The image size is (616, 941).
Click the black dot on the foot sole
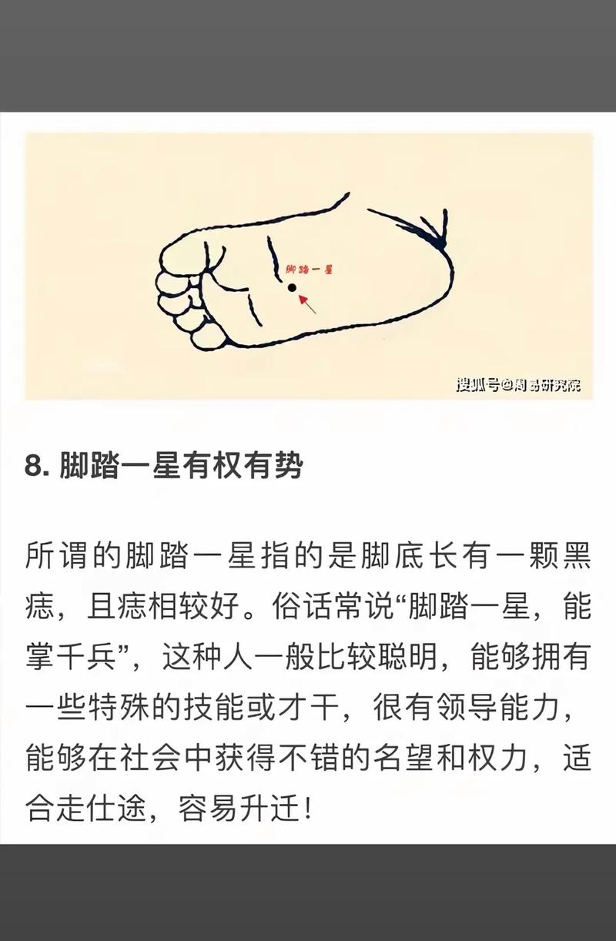(x=292, y=288)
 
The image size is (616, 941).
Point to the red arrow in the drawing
(x=306, y=303)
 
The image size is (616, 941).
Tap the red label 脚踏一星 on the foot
(x=309, y=269)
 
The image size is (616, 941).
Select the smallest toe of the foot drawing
(x=207, y=338)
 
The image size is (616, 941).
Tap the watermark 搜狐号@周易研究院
(x=518, y=384)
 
